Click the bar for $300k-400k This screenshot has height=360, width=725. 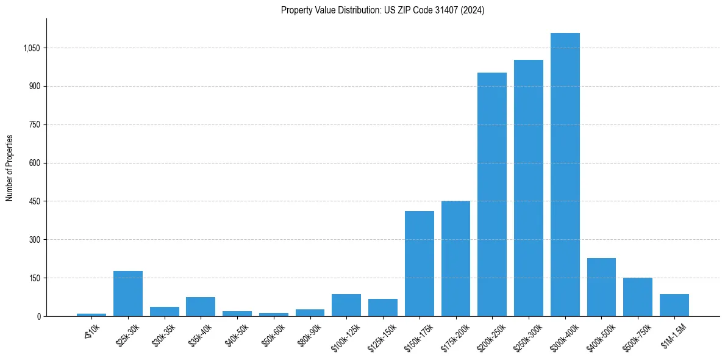point(565,175)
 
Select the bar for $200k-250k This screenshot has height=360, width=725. point(492,194)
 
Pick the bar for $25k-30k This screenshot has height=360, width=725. point(128,293)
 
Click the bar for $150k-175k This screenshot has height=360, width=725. point(420,264)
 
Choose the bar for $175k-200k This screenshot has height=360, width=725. point(455,259)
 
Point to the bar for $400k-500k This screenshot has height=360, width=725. point(601,287)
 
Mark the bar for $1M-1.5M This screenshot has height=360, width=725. point(674,305)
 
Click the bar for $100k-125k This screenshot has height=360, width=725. point(346,305)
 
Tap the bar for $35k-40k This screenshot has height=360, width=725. point(201,306)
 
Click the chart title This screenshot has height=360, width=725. point(382,10)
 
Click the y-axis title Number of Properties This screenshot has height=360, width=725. point(10,167)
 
